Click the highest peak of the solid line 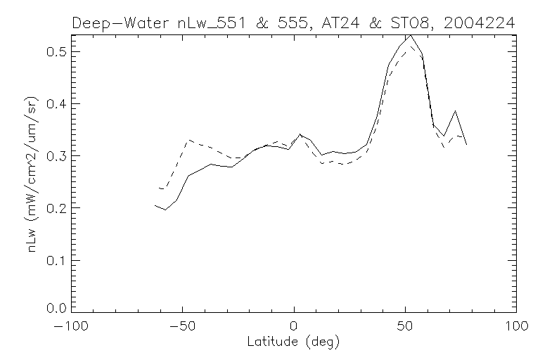411,34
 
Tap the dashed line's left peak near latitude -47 188,140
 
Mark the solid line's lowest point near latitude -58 165,210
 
